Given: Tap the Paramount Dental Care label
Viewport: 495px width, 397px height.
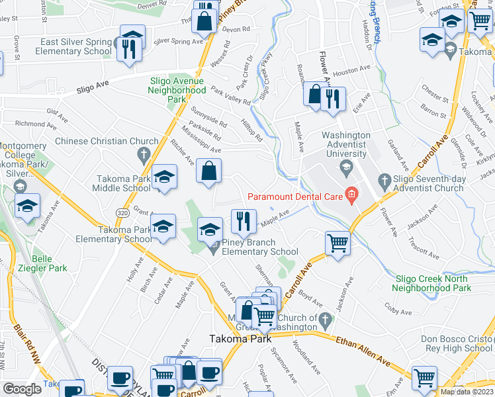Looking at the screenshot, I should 294,196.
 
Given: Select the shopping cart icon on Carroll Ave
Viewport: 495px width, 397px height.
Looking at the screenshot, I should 338,243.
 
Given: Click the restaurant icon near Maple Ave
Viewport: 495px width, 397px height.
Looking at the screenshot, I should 244,221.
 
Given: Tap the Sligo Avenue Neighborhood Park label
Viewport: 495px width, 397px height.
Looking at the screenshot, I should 177,89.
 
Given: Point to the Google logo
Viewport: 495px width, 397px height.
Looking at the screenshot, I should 22,388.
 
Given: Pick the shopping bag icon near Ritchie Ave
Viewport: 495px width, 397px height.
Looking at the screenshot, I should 208,171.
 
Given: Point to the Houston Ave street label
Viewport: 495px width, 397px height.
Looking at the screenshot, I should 351,69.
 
